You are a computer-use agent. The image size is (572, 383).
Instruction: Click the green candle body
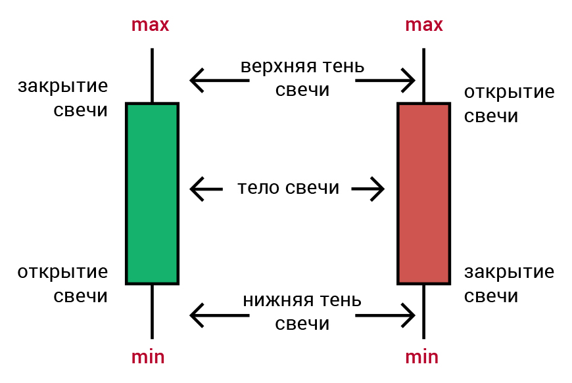coord(152,194)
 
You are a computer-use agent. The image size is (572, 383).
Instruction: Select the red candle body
coord(424,194)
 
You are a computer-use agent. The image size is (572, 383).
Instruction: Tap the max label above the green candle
coord(151,25)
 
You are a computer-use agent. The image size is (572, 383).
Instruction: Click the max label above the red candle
coord(424,25)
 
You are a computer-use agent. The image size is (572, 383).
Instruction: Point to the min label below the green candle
coord(148,357)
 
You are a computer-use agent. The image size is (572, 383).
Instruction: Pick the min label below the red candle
coord(421,357)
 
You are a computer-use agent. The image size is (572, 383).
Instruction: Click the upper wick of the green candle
coord(152,76)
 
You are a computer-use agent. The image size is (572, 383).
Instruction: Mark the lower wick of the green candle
coord(152,311)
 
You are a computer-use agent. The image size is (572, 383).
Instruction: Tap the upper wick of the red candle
coord(424,76)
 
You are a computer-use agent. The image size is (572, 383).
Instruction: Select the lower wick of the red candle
coord(424,311)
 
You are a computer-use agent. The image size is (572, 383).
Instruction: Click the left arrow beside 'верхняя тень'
coord(219,80)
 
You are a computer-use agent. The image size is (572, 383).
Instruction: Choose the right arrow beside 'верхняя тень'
coord(385,80)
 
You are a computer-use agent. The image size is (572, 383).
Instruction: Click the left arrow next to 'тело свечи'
coord(206,189)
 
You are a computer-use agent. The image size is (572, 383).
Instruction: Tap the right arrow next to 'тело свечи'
coord(368,189)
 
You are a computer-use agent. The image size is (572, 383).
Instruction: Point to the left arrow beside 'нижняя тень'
coord(219,315)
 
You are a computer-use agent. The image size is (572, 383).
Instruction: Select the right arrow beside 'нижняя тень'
coord(385,315)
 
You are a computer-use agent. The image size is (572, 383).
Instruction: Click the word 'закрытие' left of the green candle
coord(62,87)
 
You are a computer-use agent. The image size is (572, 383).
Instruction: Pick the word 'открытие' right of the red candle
coord(510,92)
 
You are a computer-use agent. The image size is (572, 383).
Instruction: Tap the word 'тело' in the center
coord(258,188)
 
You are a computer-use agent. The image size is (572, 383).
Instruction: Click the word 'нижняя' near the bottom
coord(278,301)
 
